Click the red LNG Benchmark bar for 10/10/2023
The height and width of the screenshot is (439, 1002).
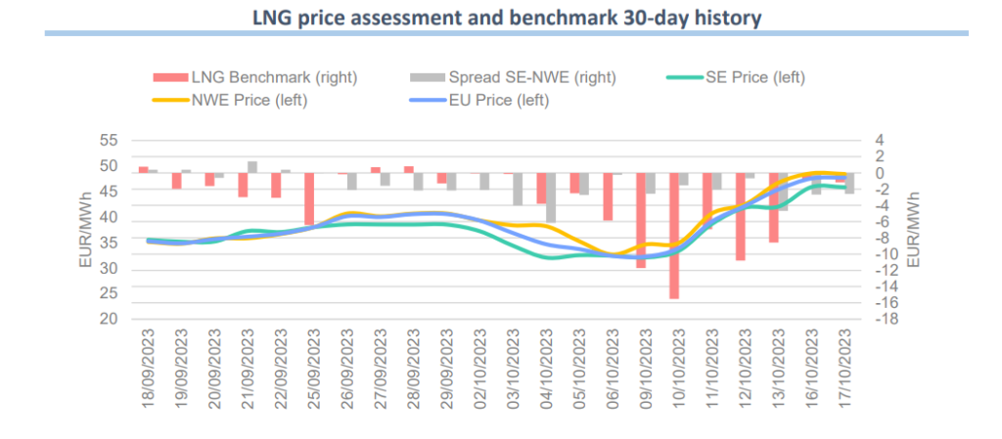674,236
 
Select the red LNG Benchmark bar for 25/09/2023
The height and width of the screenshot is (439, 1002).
309,199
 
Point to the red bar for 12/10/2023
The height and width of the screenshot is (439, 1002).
741,216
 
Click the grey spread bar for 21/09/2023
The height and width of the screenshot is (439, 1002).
252,167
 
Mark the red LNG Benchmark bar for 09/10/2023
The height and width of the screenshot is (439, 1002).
641,220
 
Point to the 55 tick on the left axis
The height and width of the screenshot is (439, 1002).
110,141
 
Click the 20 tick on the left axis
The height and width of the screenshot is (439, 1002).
110,320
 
